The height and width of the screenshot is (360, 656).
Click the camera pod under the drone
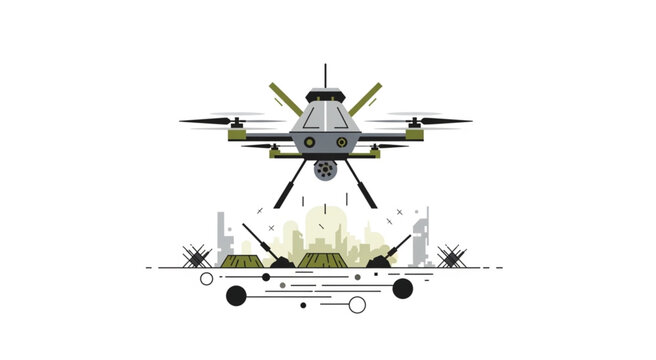pos(325,169)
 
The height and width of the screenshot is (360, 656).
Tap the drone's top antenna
pos(325,75)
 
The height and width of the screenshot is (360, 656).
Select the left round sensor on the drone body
pos(308,143)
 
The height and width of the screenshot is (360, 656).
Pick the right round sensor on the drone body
pos(342,143)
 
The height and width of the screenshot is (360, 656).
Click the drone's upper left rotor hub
pos(236,122)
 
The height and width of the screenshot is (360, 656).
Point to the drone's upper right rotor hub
pos(414,122)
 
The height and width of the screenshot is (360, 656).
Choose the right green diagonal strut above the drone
pos(366,99)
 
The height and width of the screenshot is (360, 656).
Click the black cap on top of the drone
pos(325,95)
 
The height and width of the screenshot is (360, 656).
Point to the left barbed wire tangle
pos(197,257)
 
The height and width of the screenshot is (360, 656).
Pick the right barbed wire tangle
pos(451,257)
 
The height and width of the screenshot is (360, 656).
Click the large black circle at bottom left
pos(236,295)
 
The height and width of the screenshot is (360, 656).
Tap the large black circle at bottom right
pos(403,289)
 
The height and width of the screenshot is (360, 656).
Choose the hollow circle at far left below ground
pos(207,279)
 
